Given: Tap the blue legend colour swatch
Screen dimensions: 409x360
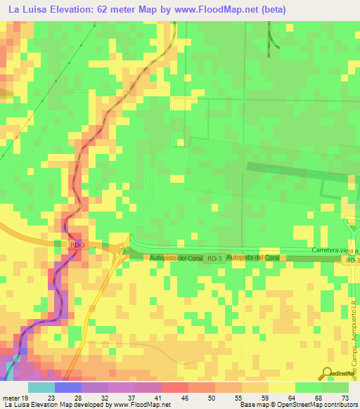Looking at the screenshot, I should [68, 388].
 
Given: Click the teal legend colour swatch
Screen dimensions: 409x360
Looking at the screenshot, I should [41, 388].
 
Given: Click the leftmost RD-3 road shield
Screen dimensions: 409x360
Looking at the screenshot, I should [78, 245].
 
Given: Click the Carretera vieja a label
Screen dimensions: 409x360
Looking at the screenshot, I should [335, 251].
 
